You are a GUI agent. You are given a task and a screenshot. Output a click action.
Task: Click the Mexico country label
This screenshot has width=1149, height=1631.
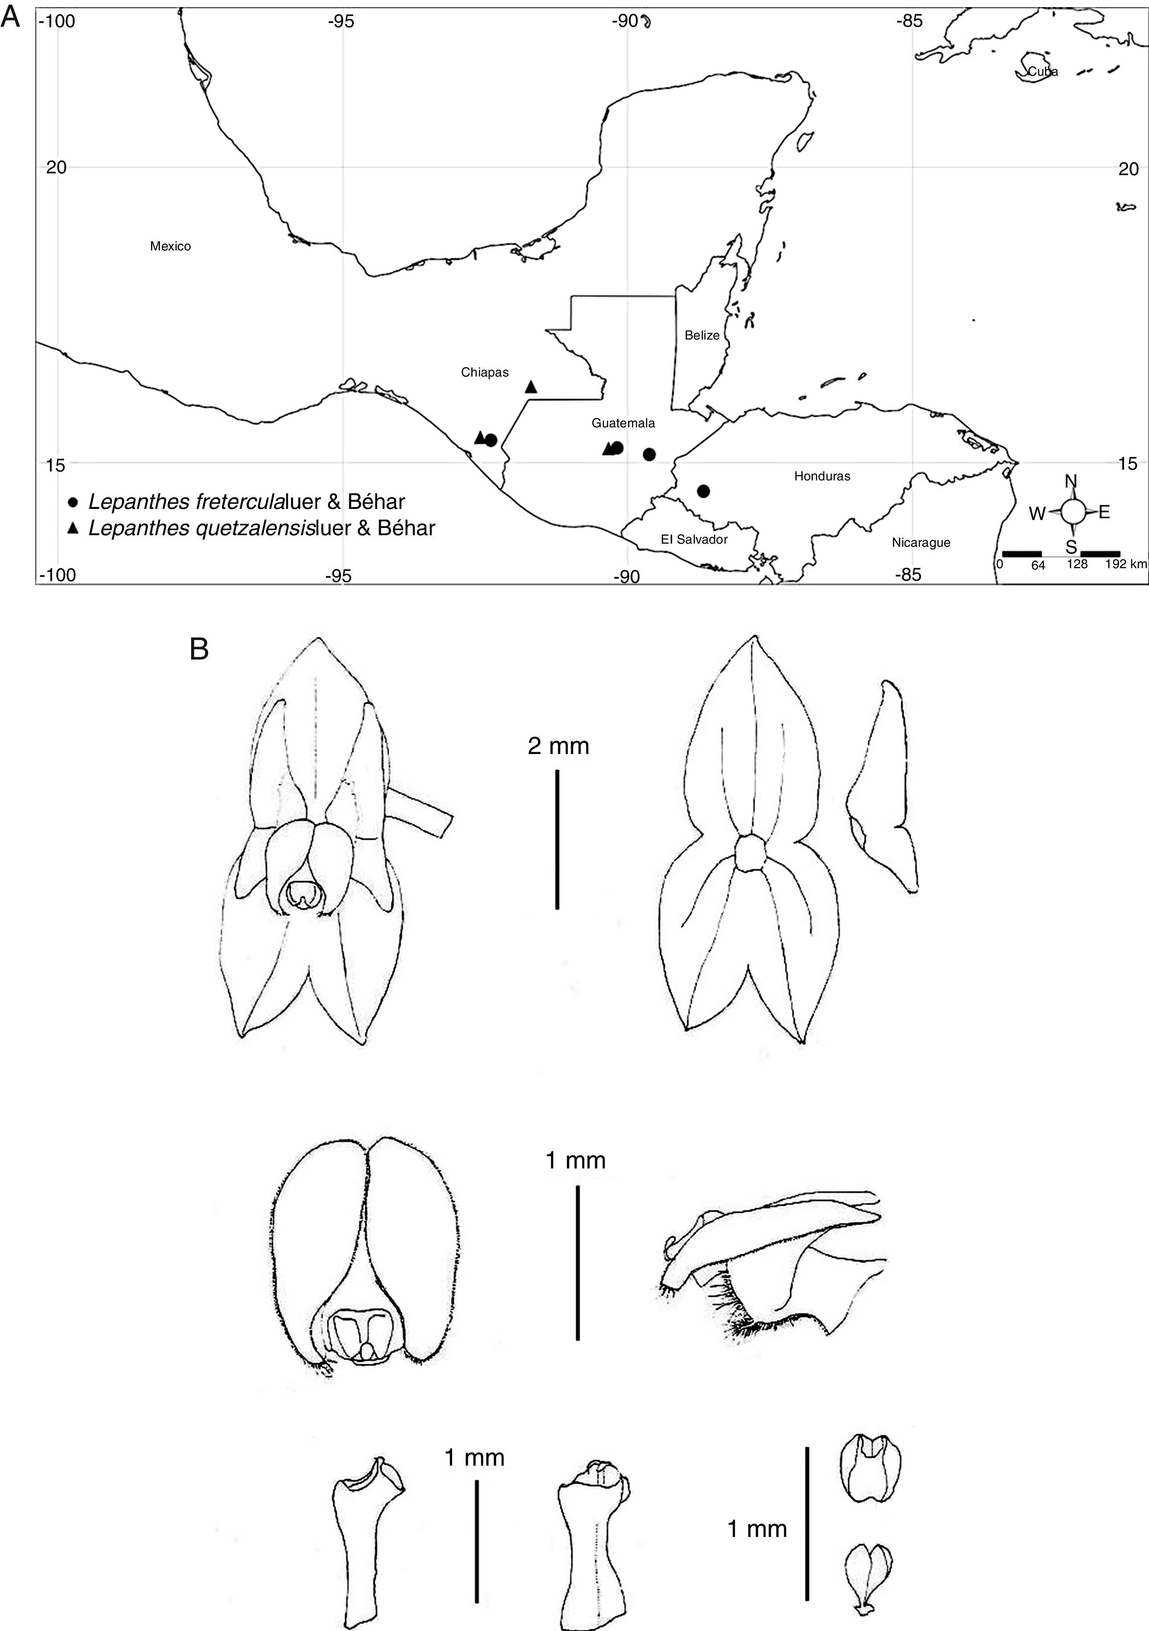171,246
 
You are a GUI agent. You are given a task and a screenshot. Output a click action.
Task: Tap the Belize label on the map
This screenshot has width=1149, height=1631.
702,335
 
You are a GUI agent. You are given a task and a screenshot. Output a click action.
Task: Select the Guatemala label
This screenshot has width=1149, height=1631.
623,423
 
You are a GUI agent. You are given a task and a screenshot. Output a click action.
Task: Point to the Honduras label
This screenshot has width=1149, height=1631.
822,476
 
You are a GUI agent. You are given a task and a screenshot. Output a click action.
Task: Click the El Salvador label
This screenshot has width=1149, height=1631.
694,539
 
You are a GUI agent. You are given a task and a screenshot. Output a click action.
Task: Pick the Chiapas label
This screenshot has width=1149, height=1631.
484,372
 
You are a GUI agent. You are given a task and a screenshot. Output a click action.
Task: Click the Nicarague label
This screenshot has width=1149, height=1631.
920,543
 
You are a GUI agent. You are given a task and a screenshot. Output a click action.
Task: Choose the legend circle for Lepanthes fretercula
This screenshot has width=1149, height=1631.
73,502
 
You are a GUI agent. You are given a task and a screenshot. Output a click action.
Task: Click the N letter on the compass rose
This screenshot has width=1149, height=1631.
1071,481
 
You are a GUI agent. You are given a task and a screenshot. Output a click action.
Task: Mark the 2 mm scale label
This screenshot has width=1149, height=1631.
558,746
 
